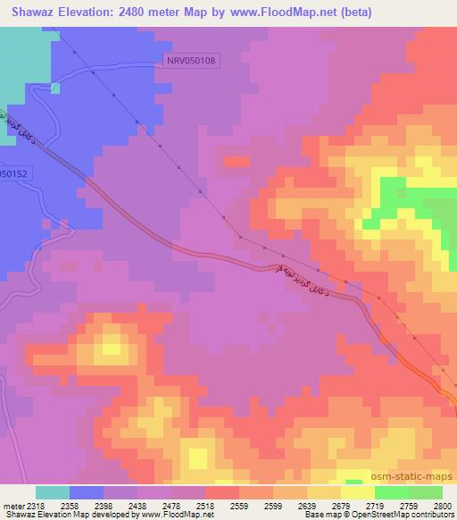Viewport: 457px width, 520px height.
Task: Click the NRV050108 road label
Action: coord(192,60)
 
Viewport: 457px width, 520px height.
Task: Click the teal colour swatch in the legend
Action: coord(53,492)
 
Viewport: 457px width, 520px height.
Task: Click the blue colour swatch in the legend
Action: coord(87,492)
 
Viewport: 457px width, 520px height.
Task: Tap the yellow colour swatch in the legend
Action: coord(357,492)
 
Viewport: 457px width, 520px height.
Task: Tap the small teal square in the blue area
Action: coord(55,88)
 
